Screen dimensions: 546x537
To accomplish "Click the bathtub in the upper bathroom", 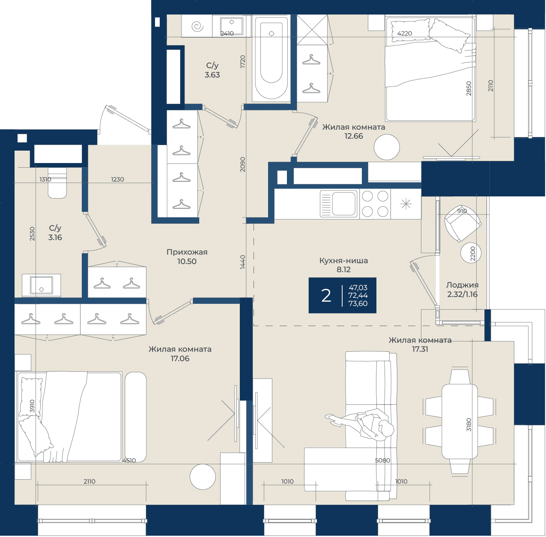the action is pos(271,58).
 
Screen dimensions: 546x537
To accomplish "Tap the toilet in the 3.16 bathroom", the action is pos(57,182).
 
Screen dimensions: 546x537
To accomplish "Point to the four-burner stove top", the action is pos(375,204).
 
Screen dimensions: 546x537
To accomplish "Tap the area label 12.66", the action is pos(354,136).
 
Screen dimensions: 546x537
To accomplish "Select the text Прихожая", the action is pos(187,252).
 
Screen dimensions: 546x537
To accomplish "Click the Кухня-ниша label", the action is pos(343,261).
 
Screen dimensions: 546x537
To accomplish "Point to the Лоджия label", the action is pos(462,285).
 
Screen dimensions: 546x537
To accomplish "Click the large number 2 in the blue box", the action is pos(326,296).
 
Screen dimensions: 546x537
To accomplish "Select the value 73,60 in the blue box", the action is pos(358,304).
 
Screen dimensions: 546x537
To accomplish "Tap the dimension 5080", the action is pos(382,460).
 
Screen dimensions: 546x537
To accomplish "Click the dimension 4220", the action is pos(405,33).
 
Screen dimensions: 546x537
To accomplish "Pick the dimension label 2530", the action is pos(32,234).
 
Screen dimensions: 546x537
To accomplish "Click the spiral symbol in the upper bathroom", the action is pos(197,27).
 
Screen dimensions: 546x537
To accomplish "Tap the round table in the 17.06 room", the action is pos(203,477).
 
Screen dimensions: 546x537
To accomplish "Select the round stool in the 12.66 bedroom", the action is pos(387,147).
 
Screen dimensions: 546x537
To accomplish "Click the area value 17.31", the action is pos(420,349).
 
